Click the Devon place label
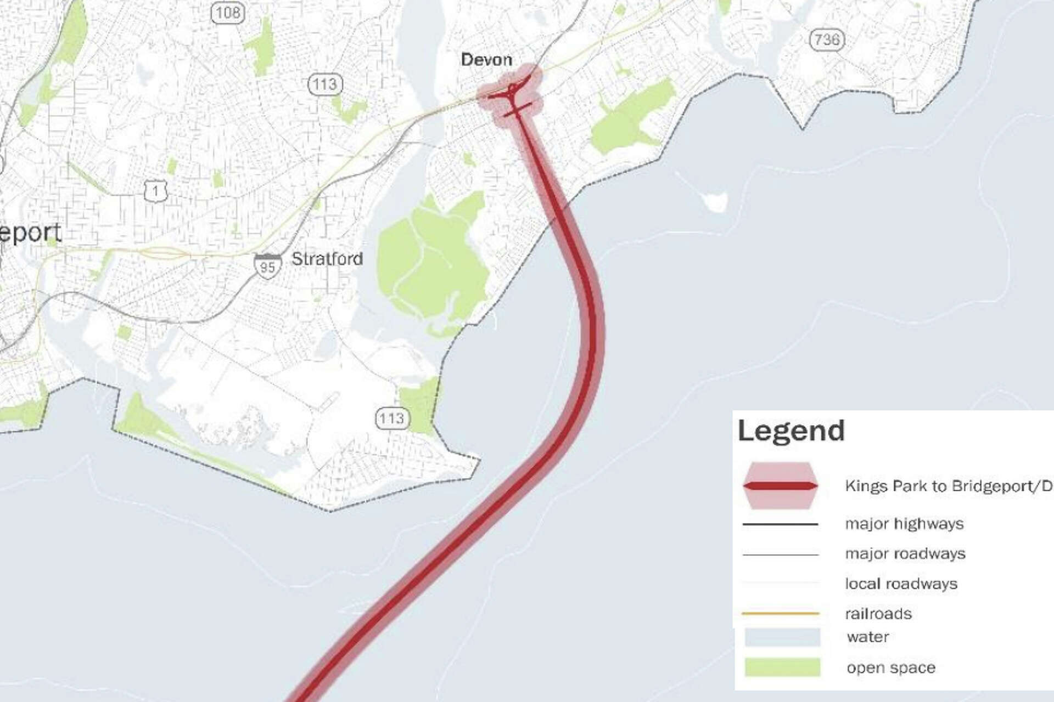486,60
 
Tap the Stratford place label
327,259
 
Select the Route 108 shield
228,12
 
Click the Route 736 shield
827,39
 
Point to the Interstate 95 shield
267,265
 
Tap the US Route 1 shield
156,190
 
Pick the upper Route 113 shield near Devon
325,84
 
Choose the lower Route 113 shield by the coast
391,419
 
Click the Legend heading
791,431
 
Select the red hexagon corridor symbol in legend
780,486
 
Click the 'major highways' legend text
904,524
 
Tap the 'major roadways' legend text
905,554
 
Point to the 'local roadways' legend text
901,584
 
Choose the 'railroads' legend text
878,614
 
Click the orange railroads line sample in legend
780,613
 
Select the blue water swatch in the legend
782,637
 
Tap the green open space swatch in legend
782,667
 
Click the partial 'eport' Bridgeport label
30,233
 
